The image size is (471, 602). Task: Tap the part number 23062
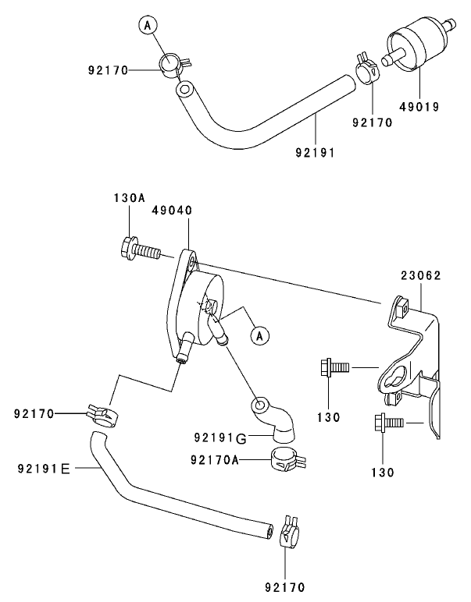pyautogui.click(x=421, y=276)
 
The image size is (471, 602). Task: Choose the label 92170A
pyautogui.click(x=214, y=460)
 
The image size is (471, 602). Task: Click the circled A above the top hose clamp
pyautogui.click(x=148, y=26)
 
